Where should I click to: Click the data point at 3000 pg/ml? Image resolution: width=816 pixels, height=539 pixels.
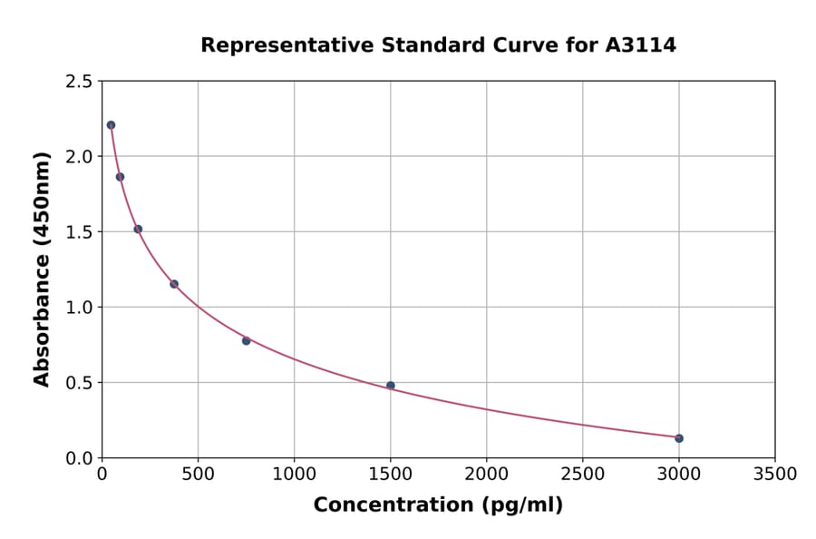(x=678, y=438)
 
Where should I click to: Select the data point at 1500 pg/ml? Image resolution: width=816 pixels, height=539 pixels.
(x=390, y=386)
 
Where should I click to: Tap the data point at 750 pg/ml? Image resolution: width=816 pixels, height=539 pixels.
(x=246, y=340)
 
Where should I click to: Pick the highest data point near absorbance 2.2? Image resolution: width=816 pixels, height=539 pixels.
(x=111, y=125)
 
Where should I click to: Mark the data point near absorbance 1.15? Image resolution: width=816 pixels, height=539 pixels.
(x=174, y=284)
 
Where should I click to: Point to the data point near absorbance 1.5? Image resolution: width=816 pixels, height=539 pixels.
(x=138, y=229)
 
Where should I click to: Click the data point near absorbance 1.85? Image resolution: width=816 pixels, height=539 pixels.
(x=120, y=177)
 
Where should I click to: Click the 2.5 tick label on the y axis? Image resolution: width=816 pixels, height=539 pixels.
(x=78, y=82)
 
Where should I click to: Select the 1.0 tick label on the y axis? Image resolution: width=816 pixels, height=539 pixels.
(x=78, y=308)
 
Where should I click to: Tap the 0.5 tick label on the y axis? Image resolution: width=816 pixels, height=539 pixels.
(x=78, y=383)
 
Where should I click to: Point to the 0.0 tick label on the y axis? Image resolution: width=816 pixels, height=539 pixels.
(x=78, y=458)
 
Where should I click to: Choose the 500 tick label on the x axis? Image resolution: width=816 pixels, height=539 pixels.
(x=198, y=475)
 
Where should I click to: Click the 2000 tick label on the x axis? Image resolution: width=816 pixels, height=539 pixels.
(x=486, y=475)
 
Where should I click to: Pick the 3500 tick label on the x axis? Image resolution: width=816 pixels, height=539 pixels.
(x=774, y=475)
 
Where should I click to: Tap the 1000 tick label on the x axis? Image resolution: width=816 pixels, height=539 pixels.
(x=294, y=475)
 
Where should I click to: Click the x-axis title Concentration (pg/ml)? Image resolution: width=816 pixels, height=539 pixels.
(x=438, y=505)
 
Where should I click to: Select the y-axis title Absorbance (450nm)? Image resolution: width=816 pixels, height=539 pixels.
(x=42, y=269)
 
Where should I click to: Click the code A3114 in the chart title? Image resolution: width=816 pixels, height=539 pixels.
(x=640, y=45)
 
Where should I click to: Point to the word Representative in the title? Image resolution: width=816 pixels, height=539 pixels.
(x=276, y=45)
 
